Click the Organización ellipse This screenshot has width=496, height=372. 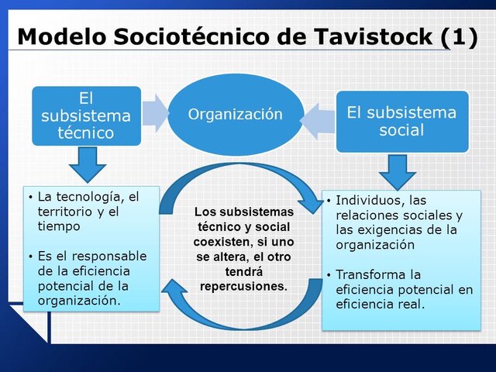coord(236,115)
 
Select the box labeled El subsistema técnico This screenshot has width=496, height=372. coord(86,115)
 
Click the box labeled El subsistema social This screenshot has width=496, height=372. coord(401,121)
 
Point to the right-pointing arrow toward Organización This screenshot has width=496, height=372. coord(155,113)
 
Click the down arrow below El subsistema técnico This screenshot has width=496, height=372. coord(86,164)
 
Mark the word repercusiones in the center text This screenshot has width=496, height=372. coord(243,285)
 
